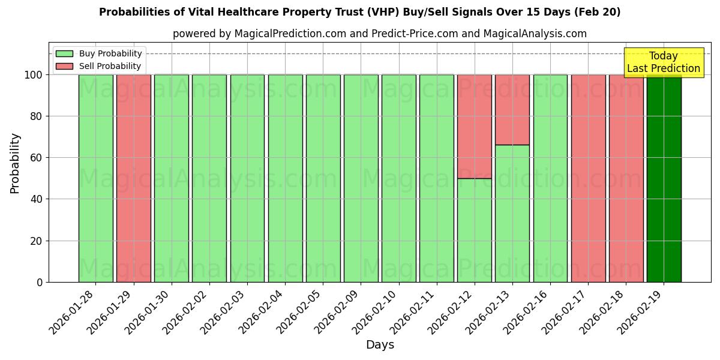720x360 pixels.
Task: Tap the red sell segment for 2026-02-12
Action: (x=474, y=126)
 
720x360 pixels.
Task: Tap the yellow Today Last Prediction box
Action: (x=664, y=62)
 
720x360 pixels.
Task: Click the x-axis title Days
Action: (x=380, y=345)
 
